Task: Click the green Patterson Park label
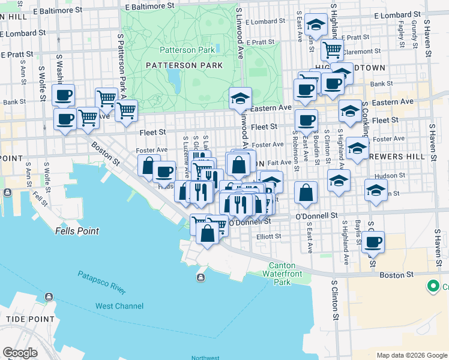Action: click(187, 50)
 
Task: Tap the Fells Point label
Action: click(76, 230)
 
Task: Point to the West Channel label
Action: click(119, 306)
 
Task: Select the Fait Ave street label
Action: click(279, 163)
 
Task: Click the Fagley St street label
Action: click(400, 34)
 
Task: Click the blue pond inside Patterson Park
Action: click(174, 77)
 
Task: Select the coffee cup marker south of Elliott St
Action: click(373, 242)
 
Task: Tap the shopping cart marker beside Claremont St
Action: click(332, 50)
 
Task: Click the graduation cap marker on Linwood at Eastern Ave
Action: click(240, 98)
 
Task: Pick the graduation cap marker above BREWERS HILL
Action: click(357, 148)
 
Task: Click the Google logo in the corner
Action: click(20, 353)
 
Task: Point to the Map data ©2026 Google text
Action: click(412, 355)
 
